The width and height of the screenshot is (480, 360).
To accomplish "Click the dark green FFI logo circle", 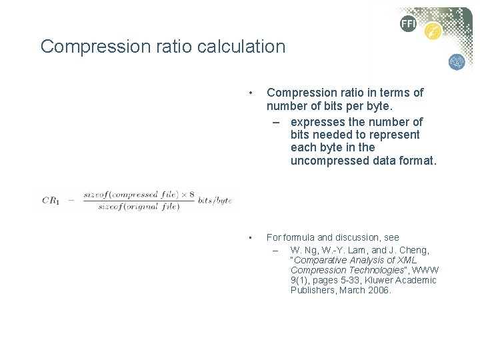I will pyautogui.click(x=408, y=24).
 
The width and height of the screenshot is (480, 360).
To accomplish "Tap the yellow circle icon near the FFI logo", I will pyautogui.click(x=433, y=31).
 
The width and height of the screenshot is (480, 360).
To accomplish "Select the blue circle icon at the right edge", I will pyautogui.click(x=457, y=62).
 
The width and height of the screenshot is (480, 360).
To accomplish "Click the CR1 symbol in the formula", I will pyautogui.click(x=51, y=201).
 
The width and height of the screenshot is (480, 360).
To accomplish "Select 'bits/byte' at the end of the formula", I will pyautogui.click(x=215, y=201).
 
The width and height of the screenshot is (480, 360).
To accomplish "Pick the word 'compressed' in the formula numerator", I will pyautogui.click(x=139, y=195).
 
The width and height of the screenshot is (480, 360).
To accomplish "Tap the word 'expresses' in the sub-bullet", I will pyautogui.click(x=315, y=122).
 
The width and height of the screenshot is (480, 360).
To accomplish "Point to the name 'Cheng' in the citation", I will pyautogui.click(x=415, y=250).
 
